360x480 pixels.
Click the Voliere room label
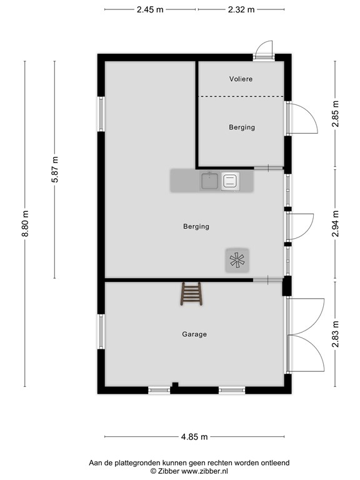click(241, 79)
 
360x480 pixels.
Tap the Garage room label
click(194, 334)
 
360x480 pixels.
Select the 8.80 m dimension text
click(25, 224)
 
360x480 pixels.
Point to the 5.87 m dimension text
click(55, 169)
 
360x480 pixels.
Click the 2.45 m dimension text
click(150, 9)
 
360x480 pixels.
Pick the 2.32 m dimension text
click(241, 9)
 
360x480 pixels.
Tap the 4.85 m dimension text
click(194, 437)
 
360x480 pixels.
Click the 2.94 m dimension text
click(336, 224)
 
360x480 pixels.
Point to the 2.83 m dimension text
click(336, 334)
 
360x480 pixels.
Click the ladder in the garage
click(191, 294)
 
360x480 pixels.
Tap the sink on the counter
click(210, 181)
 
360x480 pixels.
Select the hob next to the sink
click(230, 181)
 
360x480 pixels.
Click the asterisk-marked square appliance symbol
click(237, 261)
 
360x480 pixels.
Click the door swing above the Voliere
click(264, 49)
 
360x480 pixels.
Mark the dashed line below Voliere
click(241, 96)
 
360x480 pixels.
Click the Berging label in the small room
click(242, 127)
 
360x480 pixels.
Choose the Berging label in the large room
click(196, 226)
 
